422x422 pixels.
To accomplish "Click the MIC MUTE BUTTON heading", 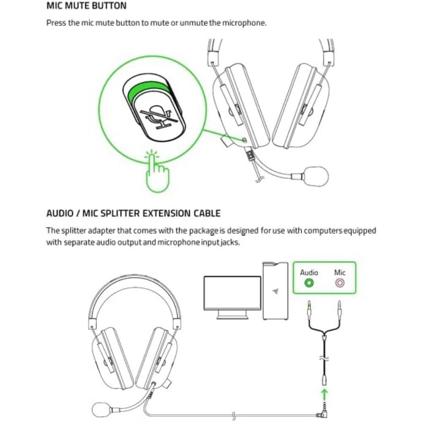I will (x=86, y=6).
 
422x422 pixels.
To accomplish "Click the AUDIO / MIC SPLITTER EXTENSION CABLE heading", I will (x=133, y=213).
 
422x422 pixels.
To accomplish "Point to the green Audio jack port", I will (x=309, y=283).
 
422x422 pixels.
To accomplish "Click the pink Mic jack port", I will (x=339, y=283).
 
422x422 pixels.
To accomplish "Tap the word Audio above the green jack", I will (x=309, y=273).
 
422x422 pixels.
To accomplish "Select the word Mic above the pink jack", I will (x=340, y=273).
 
